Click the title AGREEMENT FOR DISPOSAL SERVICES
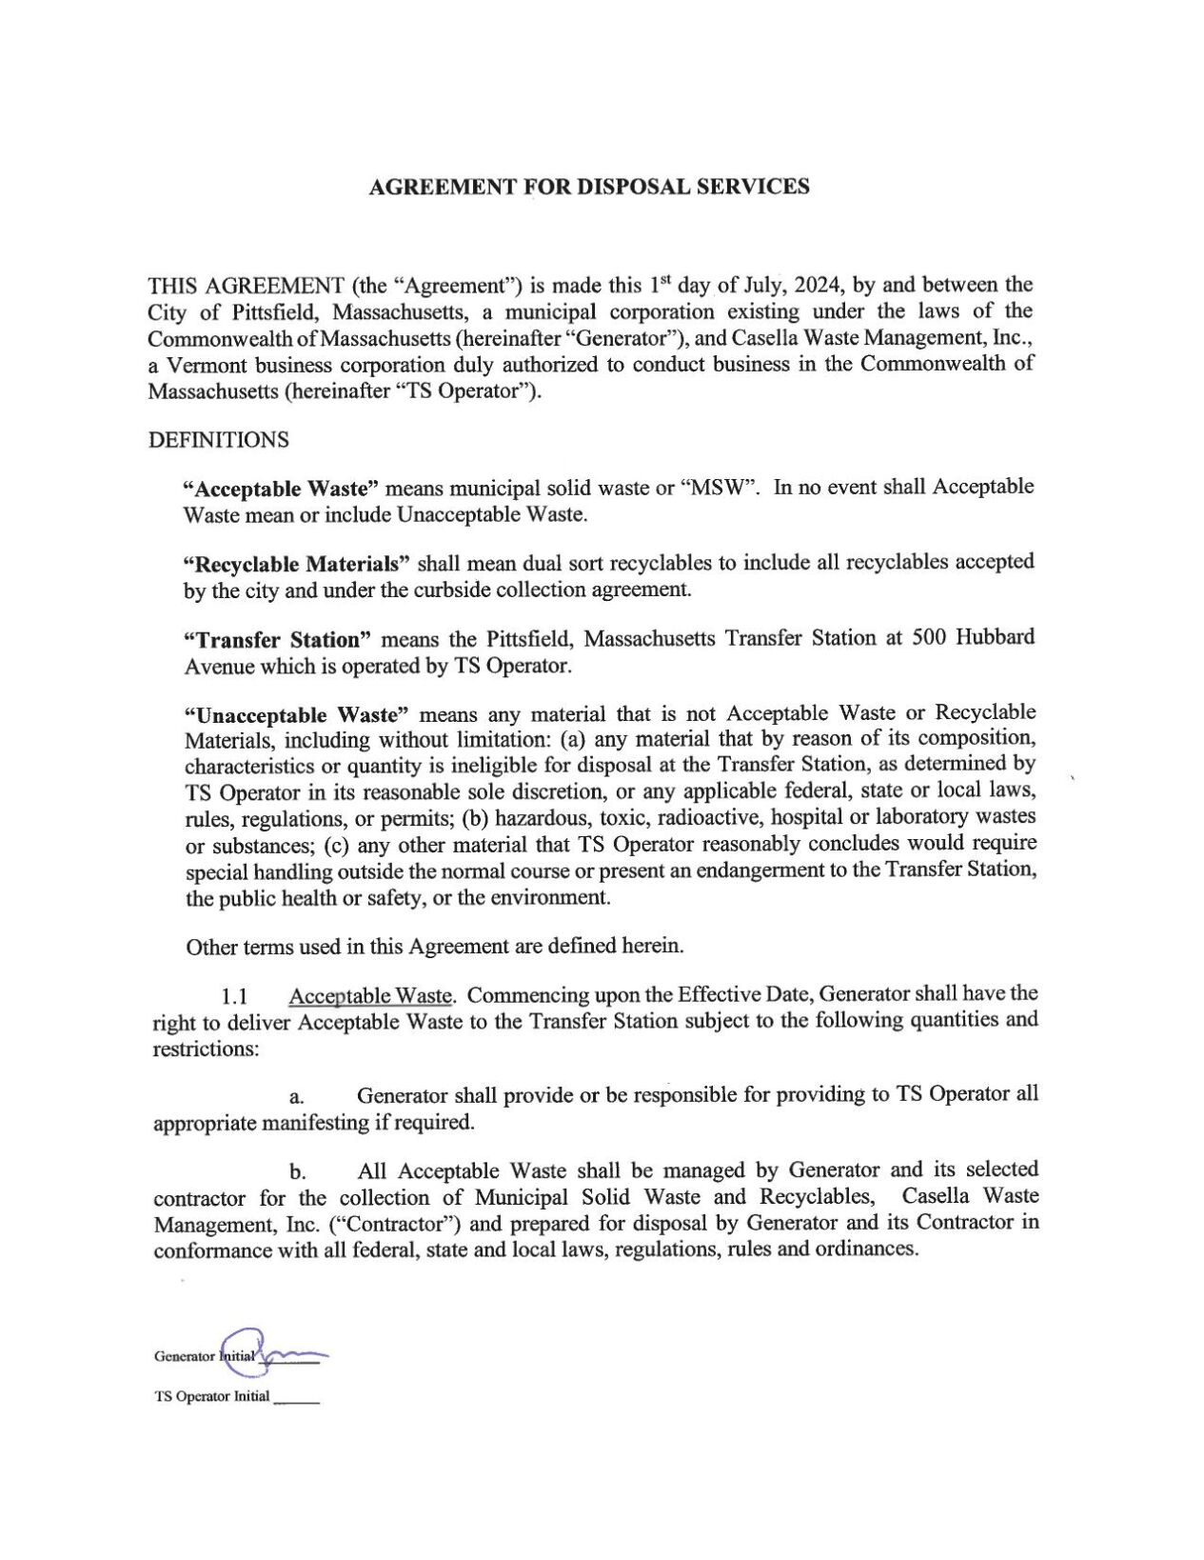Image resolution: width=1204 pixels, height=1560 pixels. (x=588, y=187)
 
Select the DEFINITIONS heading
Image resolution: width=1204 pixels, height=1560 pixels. (x=218, y=440)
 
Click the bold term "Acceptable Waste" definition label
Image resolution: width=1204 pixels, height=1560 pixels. (x=281, y=489)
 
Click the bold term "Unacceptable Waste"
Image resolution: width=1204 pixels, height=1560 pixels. (x=296, y=714)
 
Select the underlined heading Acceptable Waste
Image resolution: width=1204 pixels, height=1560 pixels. (x=369, y=997)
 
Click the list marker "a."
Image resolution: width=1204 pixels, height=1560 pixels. (x=296, y=1098)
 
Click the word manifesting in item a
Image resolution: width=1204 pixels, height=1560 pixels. (x=315, y=1122)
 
